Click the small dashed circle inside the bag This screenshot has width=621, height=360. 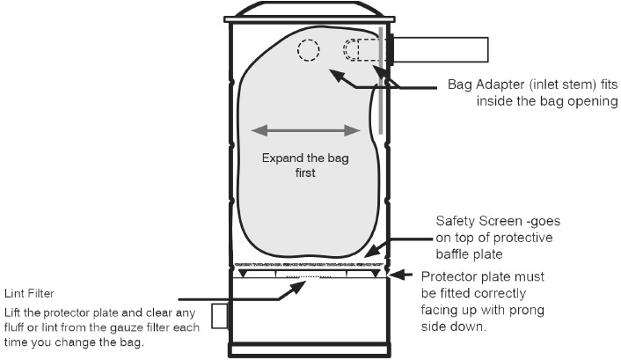tap(309, 50)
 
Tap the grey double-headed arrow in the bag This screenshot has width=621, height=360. tap(306, 130)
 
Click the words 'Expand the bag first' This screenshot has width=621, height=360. tap(305, 165)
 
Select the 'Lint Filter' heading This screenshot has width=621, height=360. tap(29, 293)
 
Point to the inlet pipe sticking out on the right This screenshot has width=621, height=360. tap(441, 50)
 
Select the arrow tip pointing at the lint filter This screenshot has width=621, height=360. tap(305, 282)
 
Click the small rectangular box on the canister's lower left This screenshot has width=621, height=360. tap(219, 316)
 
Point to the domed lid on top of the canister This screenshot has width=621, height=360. tap(310, 9)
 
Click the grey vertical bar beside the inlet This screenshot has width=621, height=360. tap(381, 80)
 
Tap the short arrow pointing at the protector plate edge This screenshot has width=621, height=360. tap(401, 275)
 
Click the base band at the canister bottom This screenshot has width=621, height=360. tap(310, 350)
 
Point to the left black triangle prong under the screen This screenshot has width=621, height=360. tap(243, 274)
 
